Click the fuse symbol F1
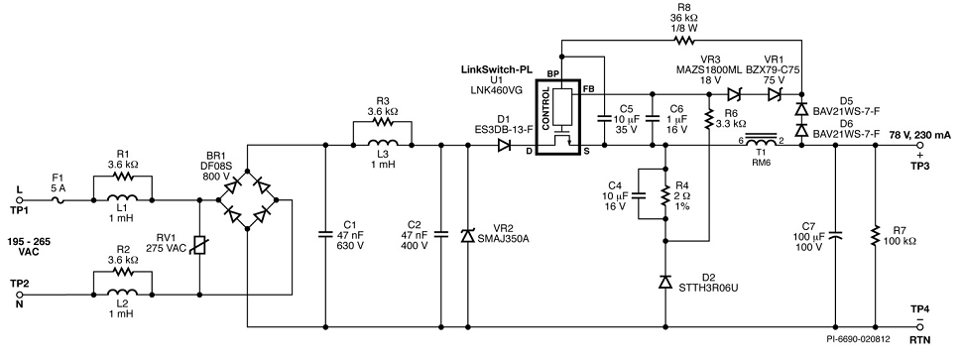pos(59,199)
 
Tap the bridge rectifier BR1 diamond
pos(247,199)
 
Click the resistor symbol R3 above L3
pos(383,122)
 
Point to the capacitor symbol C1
pos(325,233)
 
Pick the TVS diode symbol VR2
pos(468,234)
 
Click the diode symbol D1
pos(504,146)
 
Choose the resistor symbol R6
pos(709,120)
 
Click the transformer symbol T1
pos(761,141)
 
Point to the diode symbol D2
pos(665,282)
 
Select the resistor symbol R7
pos(875,236)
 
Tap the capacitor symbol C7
pos(835,234)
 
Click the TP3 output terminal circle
pos(919,146)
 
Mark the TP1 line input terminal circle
pos(19,199)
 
